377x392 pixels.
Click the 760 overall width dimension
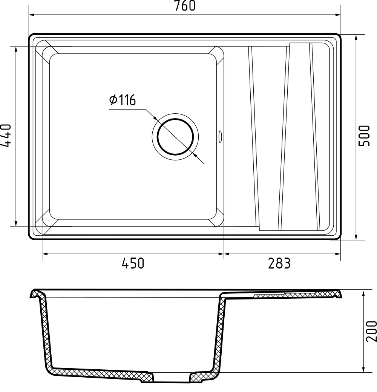point(185,6)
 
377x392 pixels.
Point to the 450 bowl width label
point(133,263)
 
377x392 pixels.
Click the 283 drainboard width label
point(279,263)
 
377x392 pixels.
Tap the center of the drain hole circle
point(175,136)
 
